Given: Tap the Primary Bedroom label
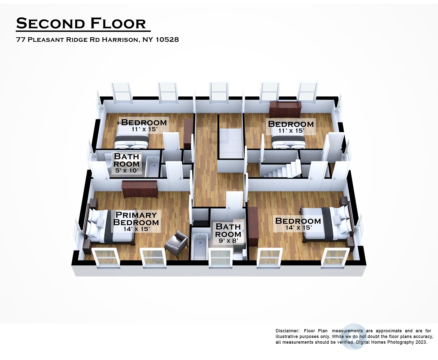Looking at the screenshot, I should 136,218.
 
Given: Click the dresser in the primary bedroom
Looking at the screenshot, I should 140,189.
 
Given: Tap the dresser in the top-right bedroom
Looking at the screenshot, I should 285,109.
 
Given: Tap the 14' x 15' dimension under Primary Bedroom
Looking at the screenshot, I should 136,229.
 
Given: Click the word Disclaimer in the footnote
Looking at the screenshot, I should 287,331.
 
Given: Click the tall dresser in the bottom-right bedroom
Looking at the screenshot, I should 253,223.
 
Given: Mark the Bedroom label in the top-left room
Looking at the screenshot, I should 144,122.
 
